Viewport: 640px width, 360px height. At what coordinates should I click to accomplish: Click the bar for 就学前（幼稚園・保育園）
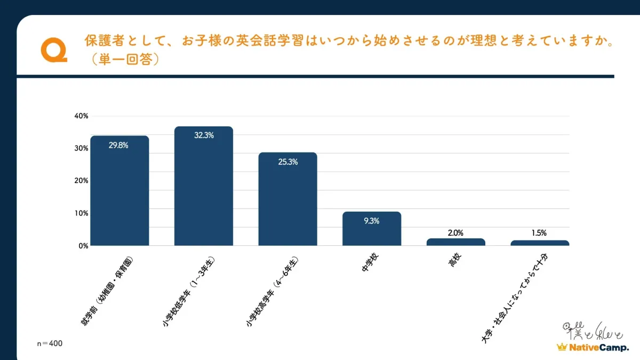coord(119,192)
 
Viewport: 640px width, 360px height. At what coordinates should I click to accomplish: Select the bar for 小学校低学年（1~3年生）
coord(204,187)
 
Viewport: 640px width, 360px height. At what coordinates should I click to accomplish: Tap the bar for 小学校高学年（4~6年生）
coord(287,200)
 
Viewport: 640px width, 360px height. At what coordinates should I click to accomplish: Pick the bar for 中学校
coord(372,229)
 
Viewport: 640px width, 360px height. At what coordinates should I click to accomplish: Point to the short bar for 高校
coord(455,242)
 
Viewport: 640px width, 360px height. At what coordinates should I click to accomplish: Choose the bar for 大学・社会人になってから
coord(540,243)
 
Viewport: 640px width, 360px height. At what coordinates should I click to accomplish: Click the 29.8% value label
coord(118,145)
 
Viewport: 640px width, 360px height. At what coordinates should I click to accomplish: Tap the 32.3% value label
coord(204,135)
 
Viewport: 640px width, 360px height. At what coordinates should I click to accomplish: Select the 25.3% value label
coord(287,162)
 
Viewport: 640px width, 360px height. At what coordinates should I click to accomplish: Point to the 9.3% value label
coord(372,221)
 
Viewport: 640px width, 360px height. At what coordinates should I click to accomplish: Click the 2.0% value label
coord(455,233)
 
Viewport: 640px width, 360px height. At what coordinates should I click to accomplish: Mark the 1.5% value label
coord(539,233)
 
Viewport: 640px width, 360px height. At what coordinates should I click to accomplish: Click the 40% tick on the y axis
coord(82,116)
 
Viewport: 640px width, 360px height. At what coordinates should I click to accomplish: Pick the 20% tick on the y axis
coord(82,181)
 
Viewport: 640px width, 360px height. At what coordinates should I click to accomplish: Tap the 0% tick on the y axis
coord(83,246)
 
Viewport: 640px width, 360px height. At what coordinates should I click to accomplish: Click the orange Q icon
coord(53,50)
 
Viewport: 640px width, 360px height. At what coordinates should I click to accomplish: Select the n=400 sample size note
coord(49,343)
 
